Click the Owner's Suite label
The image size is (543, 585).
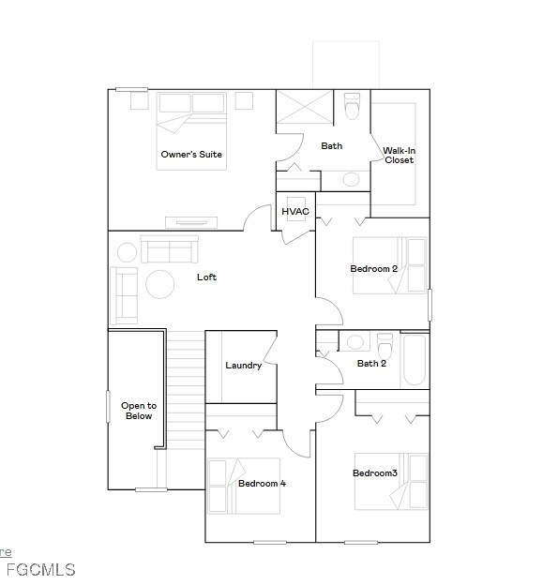click(191, 154)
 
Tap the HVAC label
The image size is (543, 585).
click(295, 212)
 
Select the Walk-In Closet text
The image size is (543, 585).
click(399, 156)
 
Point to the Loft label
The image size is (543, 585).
click(206, 277)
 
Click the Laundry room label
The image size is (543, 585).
click(243, 366)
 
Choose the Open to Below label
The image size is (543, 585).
click(139, 411)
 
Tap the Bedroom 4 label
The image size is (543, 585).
click(262, 484)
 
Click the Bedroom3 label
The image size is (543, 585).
click(375, 473)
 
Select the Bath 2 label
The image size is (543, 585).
click(371, 364)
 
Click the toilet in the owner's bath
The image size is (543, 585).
click(352, 106)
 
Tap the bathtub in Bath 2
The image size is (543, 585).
click(415, 360)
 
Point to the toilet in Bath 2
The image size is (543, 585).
click(385, 346)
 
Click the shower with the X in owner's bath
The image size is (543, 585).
click(305, 106)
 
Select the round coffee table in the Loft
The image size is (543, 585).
click(160, 284)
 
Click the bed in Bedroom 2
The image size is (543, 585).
click(389, 265)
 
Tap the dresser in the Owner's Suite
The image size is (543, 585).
click(191, 223)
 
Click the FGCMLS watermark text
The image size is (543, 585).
click(41, 570)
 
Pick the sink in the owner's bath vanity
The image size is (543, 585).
click(351, 179)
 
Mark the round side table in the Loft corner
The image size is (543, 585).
click(127, 252)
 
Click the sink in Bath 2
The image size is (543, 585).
click(354, 342)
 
